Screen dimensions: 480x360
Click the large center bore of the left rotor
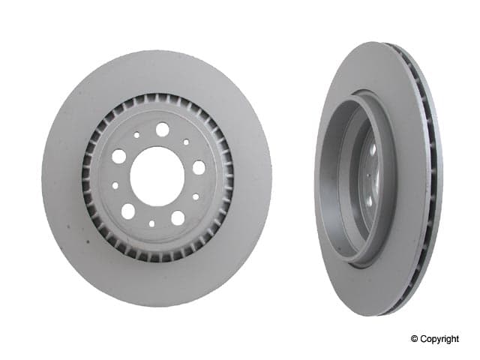click(x=157, y=176)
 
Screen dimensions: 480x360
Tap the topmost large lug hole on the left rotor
click(x=162, y=129)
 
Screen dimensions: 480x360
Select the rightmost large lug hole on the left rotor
click(x=199, y=167)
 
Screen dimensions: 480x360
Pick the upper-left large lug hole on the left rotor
click(x=118, y=157)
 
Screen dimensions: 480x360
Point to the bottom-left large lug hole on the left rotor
click(x=128, y=211)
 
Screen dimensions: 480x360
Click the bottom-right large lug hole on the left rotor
click(x=178, y=217)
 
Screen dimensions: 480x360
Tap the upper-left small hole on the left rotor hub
click(x=136, y=135)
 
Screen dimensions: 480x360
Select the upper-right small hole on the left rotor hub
click(x=186, y=142)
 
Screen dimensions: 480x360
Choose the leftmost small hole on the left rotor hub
click(x=115, y=185)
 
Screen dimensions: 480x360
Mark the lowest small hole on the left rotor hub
click(x=151, y=223)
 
